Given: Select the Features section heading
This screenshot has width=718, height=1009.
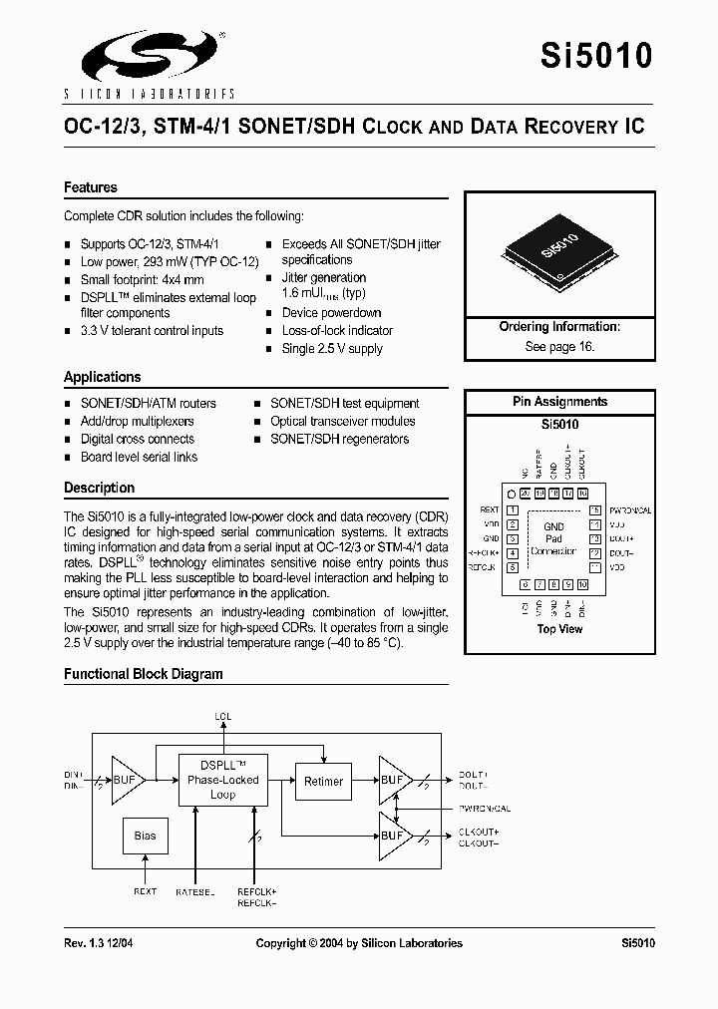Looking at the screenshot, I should pyautogui.click(x=91, y=187).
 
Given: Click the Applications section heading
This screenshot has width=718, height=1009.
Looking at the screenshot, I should pyautogui.click(x=103, y=377).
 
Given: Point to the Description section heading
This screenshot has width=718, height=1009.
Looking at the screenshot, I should pyautogui.click(x=99, y=488).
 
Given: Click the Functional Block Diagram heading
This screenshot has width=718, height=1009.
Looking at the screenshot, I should pyautogui.click(x=144, y=674).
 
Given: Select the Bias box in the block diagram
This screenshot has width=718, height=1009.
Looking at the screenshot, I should pyautogui.click(x=146, y=836).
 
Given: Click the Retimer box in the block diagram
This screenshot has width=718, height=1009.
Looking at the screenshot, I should pyautogui.click(x=322, y=782).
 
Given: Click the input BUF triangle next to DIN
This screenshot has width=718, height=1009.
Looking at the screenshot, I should pyautogui.click(x=126, y=780).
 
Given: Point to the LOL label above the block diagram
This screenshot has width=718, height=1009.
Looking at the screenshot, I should pyautogui.click(x=223, y=716).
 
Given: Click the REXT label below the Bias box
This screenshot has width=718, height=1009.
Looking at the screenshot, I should pyautogui.click(x=145, y=891).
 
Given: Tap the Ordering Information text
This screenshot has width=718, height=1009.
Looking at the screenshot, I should pyautogui.click(x=559, y=327).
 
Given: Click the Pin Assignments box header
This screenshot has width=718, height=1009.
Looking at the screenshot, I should pyautogui.click(x=559, y=402).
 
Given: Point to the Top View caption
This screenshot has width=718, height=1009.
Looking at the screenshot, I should pyautogui.click(x=559, y=629).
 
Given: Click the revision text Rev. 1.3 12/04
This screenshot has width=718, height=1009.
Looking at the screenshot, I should pyautogui.click(x=104, y=943).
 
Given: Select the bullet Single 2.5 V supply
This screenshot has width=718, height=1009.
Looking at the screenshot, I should pyautogui.click(x=332, y=349).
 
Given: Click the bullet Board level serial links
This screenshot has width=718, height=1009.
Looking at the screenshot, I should pyautogui.click(x=139, y=457).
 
